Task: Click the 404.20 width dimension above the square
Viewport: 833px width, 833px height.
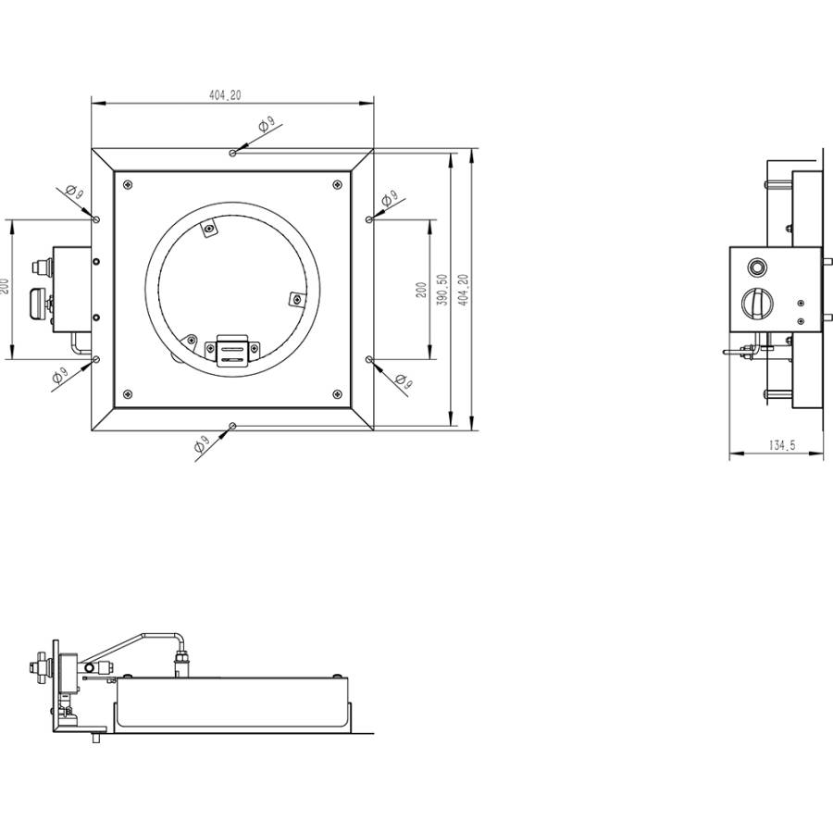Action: [x=225, y=95]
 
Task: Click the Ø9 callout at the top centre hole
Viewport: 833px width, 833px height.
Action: [x=265, y=125]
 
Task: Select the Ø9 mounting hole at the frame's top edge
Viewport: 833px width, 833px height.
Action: [x=232, y=151]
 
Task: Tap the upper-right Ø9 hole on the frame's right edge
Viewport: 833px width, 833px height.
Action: [x=369, y=219]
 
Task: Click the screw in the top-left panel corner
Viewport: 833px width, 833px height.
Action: [x=128, y=183]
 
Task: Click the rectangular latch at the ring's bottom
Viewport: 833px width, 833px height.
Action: [x=233, y=350]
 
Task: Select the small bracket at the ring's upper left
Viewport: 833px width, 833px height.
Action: [x=210, y=228]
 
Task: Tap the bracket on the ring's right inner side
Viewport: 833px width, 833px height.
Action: [x=296, y=298]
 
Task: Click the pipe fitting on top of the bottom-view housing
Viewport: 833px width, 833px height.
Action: [x=182, y=661]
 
